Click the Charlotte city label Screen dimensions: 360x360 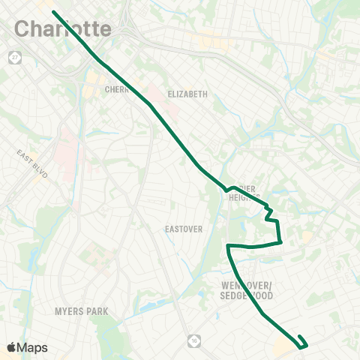pos(63,29)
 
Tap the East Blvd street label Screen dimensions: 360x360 pos(32,163)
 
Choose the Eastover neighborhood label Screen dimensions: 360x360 pos(184,229)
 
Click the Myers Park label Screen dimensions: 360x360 pos(82,310)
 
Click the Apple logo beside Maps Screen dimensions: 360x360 pos(11,347)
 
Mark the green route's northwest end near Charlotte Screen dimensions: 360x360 pos(54,12)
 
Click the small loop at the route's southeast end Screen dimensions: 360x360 pos(302,342)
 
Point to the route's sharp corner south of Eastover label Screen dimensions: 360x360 pos(228,246)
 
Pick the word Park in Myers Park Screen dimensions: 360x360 pos(97,310)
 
